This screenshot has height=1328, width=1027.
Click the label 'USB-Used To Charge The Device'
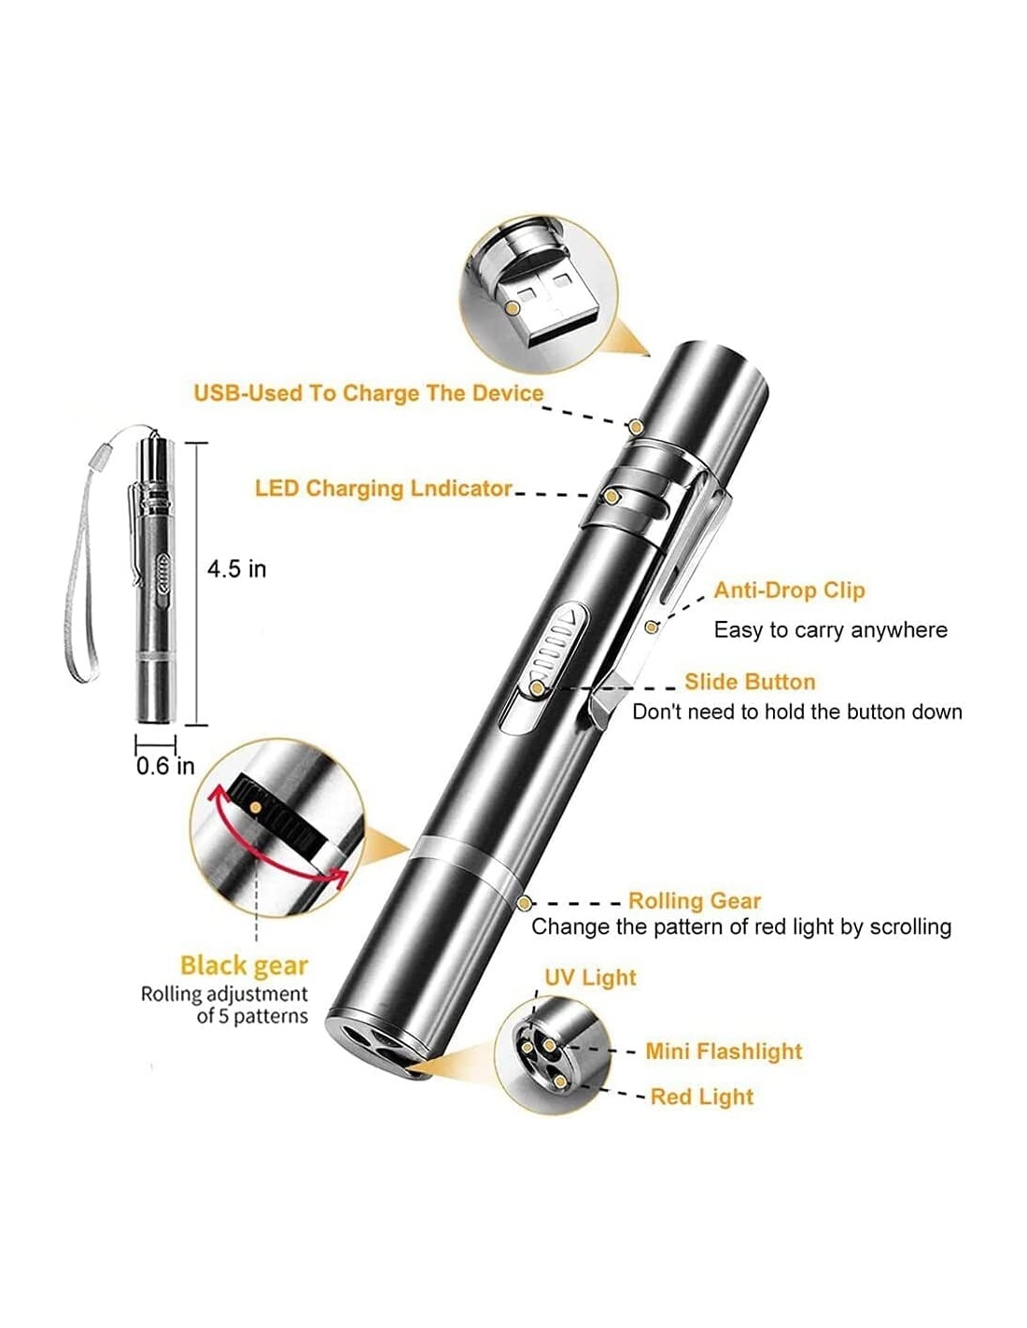[368, 393]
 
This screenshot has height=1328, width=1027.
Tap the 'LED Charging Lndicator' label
[383, 488]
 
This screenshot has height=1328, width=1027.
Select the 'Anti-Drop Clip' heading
[789, 590]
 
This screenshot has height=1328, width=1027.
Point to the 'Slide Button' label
[750, 682]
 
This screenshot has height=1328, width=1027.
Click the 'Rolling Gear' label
[695, 901]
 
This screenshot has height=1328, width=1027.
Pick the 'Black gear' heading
[244, 967]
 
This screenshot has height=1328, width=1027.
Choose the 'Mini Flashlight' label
[724, 1052]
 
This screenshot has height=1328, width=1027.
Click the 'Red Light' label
[702, 1096]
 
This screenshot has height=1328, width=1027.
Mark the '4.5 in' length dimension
[236, 569]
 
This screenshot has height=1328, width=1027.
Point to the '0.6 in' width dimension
[165, 766]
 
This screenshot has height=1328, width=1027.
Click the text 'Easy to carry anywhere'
[831, 630]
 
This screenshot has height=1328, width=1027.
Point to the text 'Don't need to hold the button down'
[797, 712]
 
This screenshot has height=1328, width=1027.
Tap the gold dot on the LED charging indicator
[611, 496]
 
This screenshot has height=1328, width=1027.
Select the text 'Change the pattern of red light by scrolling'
[741, 927]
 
